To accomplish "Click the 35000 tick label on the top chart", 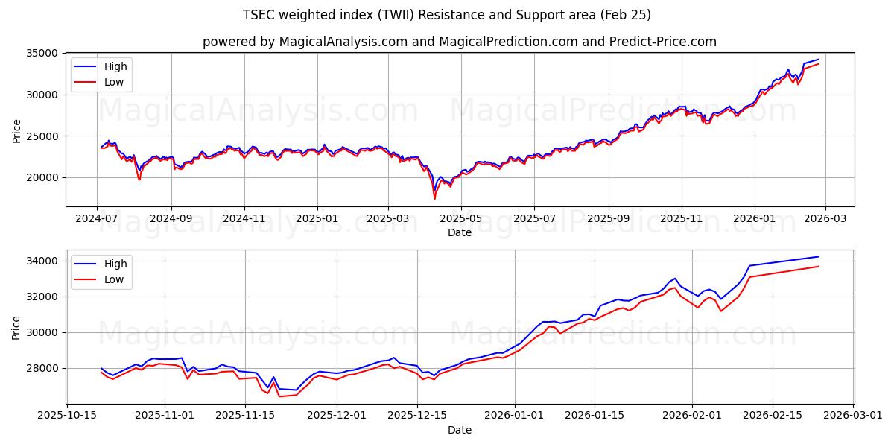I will (43, 54).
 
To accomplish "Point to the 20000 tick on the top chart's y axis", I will (43, 178).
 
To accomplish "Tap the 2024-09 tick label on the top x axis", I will (171, 219).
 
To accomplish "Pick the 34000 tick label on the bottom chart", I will (43, 261).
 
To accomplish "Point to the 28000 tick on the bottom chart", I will (43, 368).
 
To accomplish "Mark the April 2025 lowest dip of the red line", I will (435, 198).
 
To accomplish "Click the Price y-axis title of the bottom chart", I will (16, 326).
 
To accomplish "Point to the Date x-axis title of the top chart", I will (460, 232).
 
